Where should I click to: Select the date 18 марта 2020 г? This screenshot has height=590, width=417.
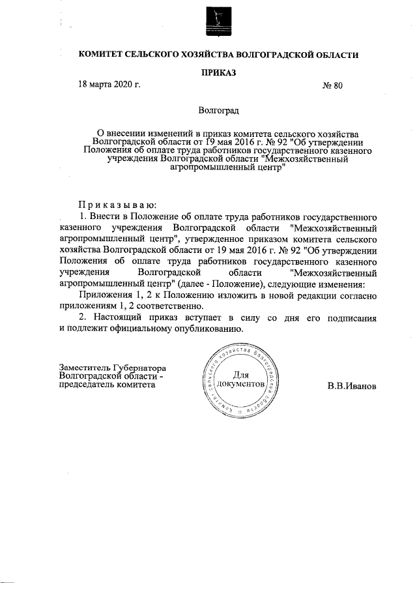[109, 85]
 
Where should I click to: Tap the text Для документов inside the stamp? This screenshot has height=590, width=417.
[241, 379]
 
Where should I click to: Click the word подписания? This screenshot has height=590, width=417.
[352, 317]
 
